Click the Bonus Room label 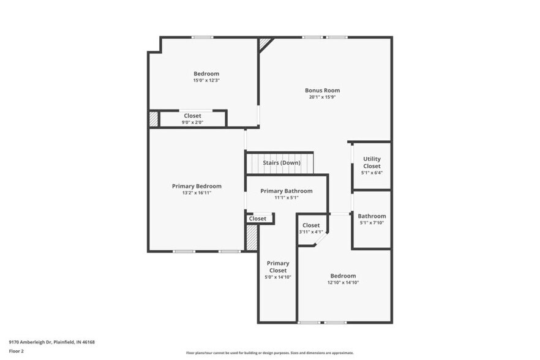322,91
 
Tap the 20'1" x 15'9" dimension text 322,97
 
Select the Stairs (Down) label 282,163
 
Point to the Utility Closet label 372,163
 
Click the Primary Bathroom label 286,191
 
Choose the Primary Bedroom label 197,186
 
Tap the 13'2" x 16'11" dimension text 197,193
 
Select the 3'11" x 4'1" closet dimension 311,232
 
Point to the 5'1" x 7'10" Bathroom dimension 372,223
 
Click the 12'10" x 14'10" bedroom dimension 343,283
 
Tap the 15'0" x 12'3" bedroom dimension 206,81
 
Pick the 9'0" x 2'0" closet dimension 192,122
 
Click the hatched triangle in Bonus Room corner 264,43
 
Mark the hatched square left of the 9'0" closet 154,119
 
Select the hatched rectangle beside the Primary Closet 251,238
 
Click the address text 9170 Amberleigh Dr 51,342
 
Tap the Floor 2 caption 16,351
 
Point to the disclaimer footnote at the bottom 269,353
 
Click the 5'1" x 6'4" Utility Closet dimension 372,173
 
